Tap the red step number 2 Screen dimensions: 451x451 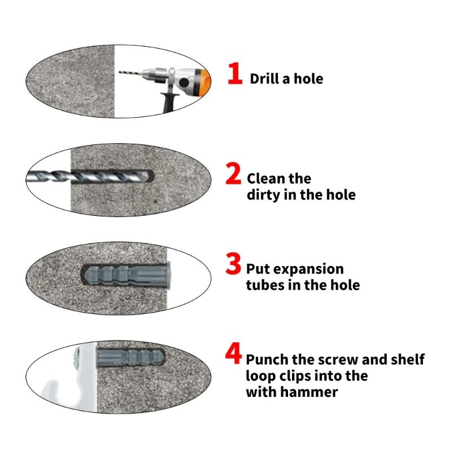tap(234, 174)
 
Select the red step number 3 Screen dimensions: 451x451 tap(234, 264)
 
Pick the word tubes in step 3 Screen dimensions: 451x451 tap(264, 285)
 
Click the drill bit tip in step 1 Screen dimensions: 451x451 tap(125, 72)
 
